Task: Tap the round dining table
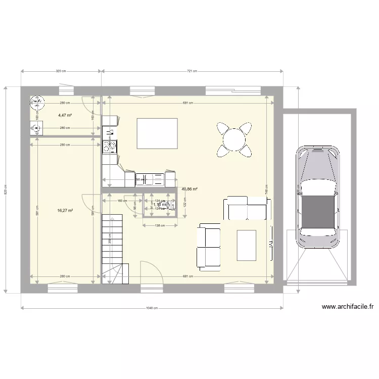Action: point(234,138)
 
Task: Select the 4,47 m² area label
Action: point(65,115)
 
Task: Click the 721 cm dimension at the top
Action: point(192,71)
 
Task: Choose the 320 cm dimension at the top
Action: point(61,71)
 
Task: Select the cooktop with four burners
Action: point(109,147)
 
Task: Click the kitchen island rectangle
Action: point(157,134)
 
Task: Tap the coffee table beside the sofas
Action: point(246,245)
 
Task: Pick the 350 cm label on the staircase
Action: point(109,241)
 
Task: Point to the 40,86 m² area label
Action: point(189,189)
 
